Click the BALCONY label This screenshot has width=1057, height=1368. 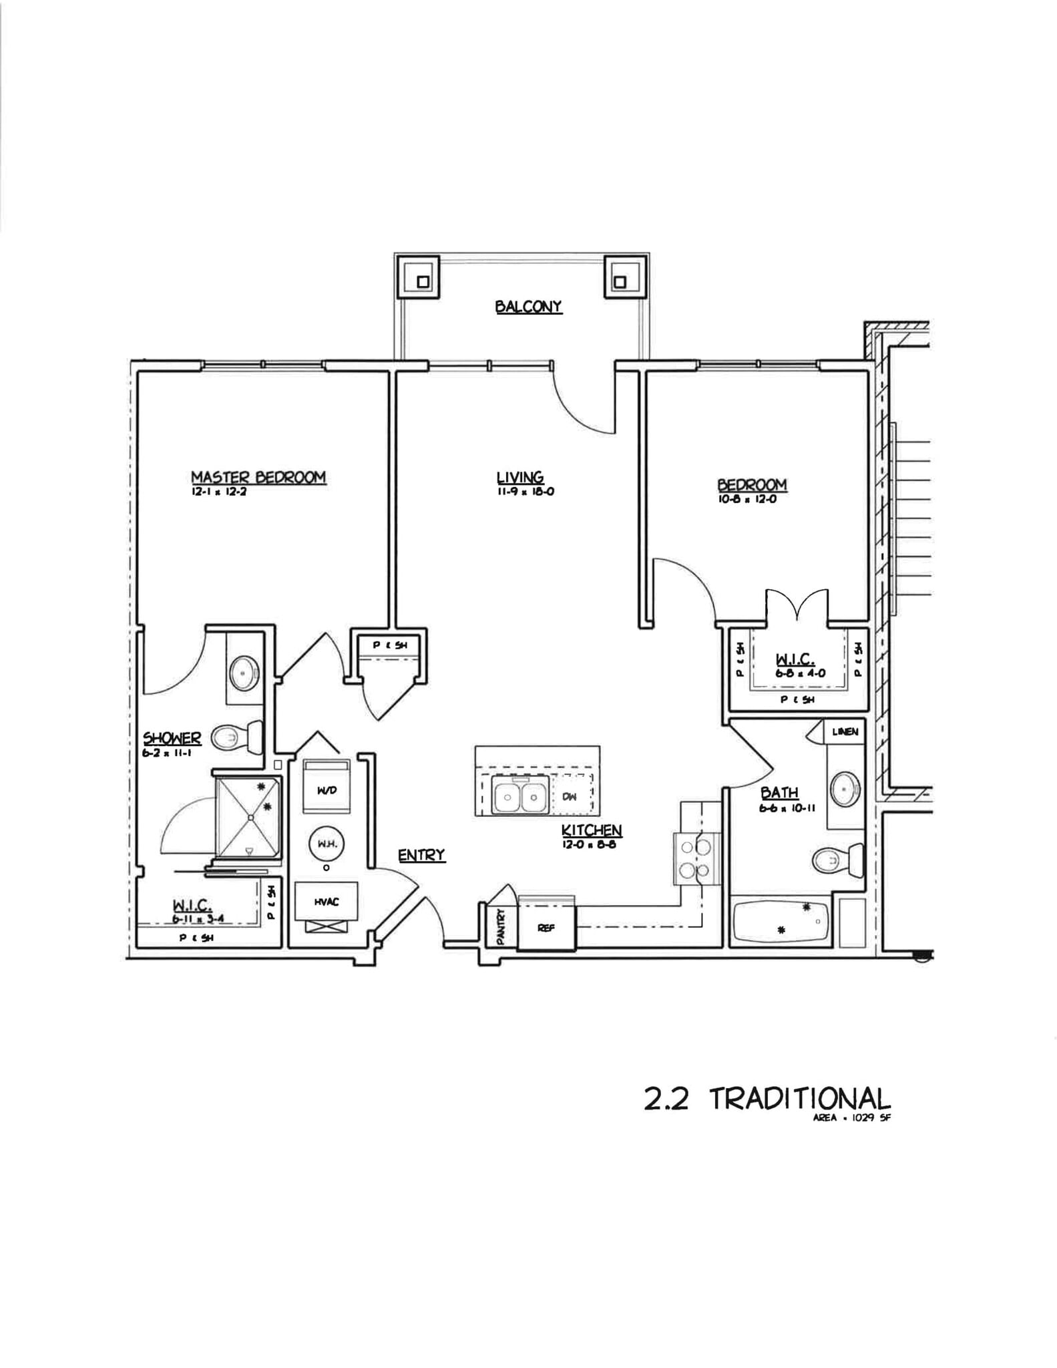pyautogui.click(x=528, y=307)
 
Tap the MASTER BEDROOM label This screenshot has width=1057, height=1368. pyautogui.click(x=258, y=477)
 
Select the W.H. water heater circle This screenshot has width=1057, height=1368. pyautogui.click(x=327, y=844)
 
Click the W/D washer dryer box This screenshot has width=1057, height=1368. pyautogui.click(x=327, y=790)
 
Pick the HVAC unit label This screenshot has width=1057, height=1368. pyautogui.click(x=327, y=902)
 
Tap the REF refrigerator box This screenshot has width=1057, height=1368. pyautogui.click(x=546, y=928)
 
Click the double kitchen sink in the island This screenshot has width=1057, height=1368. pyautogui.click(x=520, y=796)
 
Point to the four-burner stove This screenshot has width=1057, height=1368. pyautogui.click(x=694, y=859)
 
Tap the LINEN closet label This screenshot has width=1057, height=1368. pyautogui.click(x=845, y=731)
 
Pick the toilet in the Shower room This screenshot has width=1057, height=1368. pyautogui.click(x=237, y=737)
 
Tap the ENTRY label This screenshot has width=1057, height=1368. pyautogui.click(x=421, y=855)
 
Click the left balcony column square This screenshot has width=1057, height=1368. pyautogui.click(x=423, y=281)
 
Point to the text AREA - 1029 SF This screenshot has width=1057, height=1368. pyautogui.click(x=851, y=1118)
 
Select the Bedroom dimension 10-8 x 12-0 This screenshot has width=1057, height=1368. pyautogui.click(x=747, y=499)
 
